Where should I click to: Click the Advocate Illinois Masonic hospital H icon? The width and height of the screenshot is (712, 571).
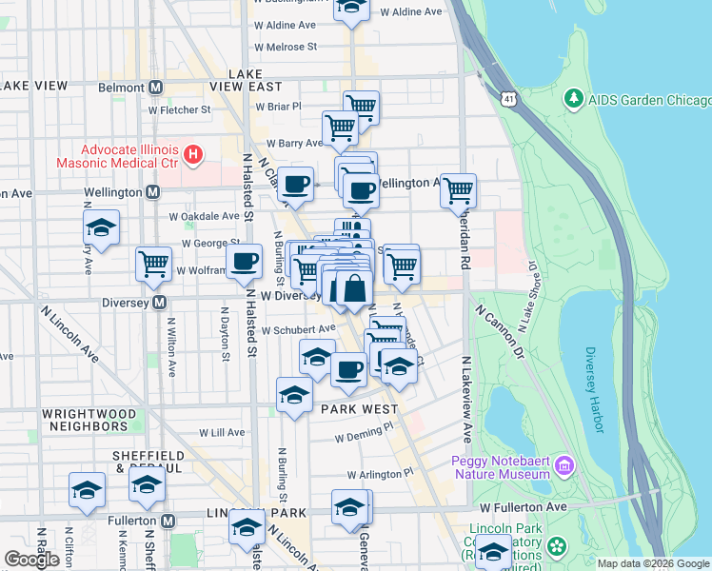click(x=193, y=153)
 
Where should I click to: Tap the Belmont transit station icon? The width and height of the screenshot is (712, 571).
click(x=155, y=87)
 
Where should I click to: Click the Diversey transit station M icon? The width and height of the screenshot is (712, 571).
click(x=160, y=303)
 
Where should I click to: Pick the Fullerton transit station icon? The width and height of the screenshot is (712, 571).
click(x=168, y=522)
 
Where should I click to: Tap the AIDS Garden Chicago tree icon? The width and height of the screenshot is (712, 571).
click(x=573, y=98)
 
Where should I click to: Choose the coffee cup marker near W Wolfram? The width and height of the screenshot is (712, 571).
click(x=244, y=261)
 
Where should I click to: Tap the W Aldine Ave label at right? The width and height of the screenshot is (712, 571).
click(x=411, y=11)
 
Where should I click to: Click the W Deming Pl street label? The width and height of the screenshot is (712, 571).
click(x=363, y=439)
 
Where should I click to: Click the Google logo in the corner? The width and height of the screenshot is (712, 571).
click(x=32, y=560)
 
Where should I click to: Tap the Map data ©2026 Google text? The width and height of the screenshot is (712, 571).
click(x=653, y=563)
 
